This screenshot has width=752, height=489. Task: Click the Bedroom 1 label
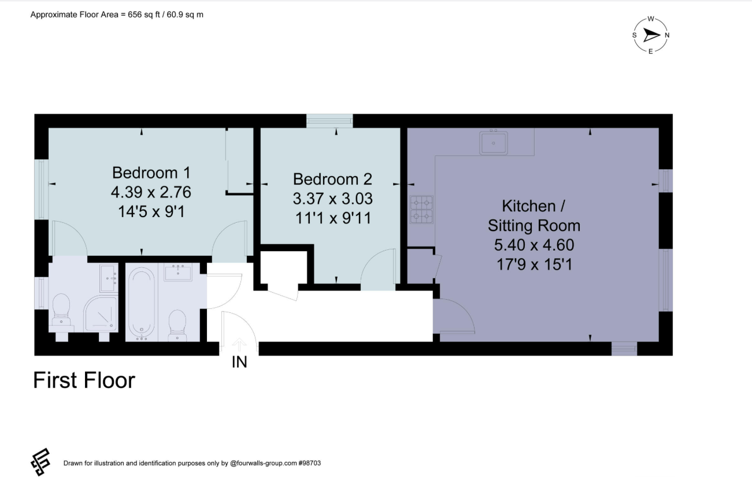tap(151, 173)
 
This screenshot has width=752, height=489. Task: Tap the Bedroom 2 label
tap(332, 179)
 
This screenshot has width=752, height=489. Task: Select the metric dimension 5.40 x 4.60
tap(534, 245)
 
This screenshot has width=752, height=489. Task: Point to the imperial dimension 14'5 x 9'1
tap(151, 212)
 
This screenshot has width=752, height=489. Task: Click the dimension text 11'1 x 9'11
tap(333, 218)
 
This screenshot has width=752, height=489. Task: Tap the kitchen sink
tap(493, 143)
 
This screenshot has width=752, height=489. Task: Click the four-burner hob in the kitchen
tap(421, 210)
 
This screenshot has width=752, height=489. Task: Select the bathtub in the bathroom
tap(142, 304)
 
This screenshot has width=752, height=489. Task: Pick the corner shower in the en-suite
tap(101, 314)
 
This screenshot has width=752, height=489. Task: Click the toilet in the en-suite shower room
tap(61, 310)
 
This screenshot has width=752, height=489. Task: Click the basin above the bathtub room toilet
tap(177, 272)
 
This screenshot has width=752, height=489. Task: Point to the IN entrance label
tap(239, 362)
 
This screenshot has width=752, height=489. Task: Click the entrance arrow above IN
tap(239, 345)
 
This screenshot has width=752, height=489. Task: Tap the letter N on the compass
tap(667, 35)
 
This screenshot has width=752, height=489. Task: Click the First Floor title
tap(84, 380)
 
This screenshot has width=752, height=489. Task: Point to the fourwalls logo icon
tap(40, 462)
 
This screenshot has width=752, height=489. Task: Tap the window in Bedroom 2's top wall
tap(329, 121)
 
